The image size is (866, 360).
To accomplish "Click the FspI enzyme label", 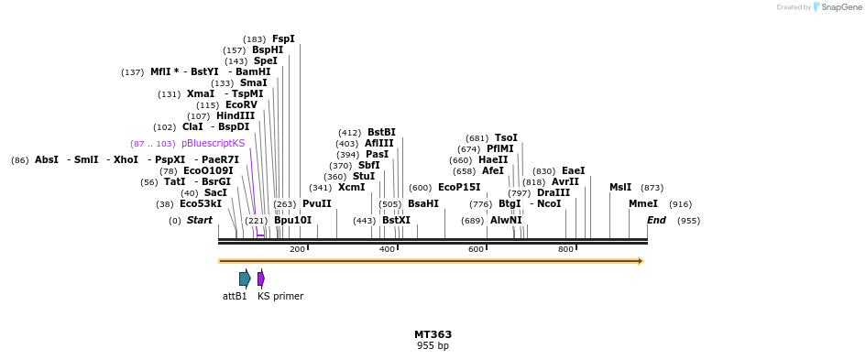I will [x=283, y=38].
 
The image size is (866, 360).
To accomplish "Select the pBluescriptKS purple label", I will [x=213, y=143].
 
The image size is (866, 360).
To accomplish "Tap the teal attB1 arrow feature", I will [x=245, y=278].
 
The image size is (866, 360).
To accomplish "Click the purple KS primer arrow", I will [x=261, y=278].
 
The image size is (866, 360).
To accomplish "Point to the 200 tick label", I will [x=297, y=249].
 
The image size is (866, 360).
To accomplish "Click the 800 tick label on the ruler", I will [x=565, y=249].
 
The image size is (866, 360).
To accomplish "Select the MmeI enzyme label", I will [x=642, y=203].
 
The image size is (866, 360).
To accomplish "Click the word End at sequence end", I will [x=656, y=220].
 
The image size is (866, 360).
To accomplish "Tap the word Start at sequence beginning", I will [x=199, y=220].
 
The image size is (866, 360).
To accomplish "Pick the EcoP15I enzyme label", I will [x=458, y=187].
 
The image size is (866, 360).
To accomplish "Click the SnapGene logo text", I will [x=839, y=7].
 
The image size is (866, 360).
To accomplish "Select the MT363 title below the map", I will [x=433, y=334].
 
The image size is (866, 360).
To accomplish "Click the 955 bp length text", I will [x=433, y=346].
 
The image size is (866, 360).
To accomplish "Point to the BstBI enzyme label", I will [x=381, y=132].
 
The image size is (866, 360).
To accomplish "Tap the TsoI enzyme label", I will [x=506, y=137].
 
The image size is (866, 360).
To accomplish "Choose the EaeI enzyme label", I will [x=573, y=170].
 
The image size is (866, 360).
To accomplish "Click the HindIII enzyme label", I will [x=236, y=115].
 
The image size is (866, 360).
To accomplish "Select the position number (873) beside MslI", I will [x=652, y=187].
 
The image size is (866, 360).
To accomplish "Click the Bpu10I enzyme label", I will [x=292, y=220].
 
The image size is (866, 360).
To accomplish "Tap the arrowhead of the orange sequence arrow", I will [x=641, y=261].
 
